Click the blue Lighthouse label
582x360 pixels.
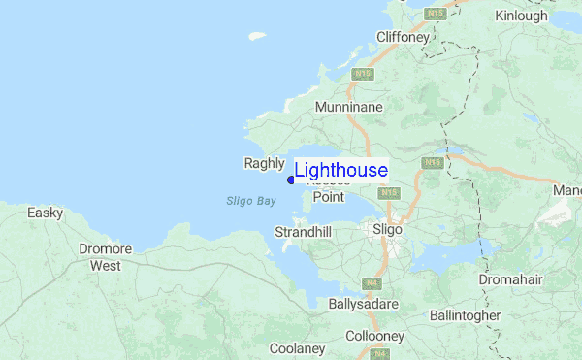340,171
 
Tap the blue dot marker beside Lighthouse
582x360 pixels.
291,180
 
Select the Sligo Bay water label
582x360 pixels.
251,201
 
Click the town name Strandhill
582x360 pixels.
303,233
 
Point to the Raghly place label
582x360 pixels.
263,164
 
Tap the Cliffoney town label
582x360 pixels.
403,37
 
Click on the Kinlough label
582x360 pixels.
521,16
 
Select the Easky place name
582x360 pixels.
46,213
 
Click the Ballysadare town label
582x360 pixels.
364,304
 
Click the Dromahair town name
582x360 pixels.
511,279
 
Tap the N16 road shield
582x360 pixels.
433,163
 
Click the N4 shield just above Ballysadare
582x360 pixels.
371,283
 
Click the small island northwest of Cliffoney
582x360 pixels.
257,37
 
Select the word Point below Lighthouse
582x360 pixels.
328,197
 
